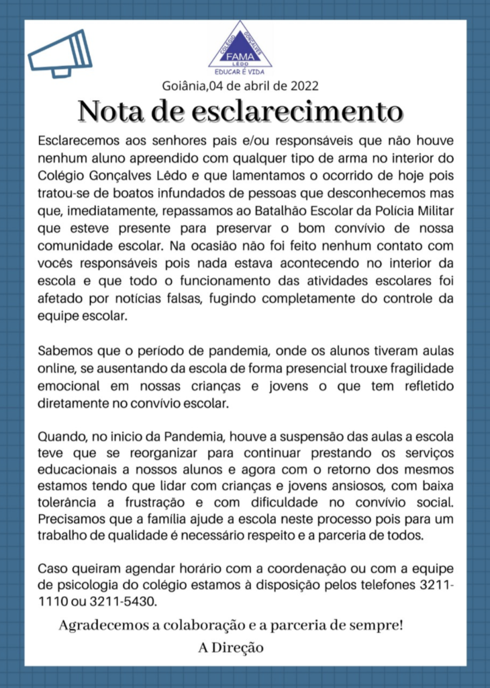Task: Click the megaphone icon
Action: point(60,54)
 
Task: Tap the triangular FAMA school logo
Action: point(240,46)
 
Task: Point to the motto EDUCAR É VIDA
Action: point(240,70)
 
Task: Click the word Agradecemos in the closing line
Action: point(103,626)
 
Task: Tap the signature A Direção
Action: point(230,648)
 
